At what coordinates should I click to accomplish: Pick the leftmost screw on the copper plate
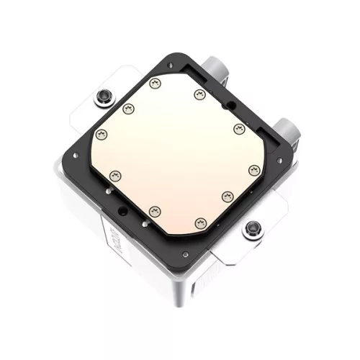click(x=100, y=135)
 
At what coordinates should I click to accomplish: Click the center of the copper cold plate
click(x=176, y=151)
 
